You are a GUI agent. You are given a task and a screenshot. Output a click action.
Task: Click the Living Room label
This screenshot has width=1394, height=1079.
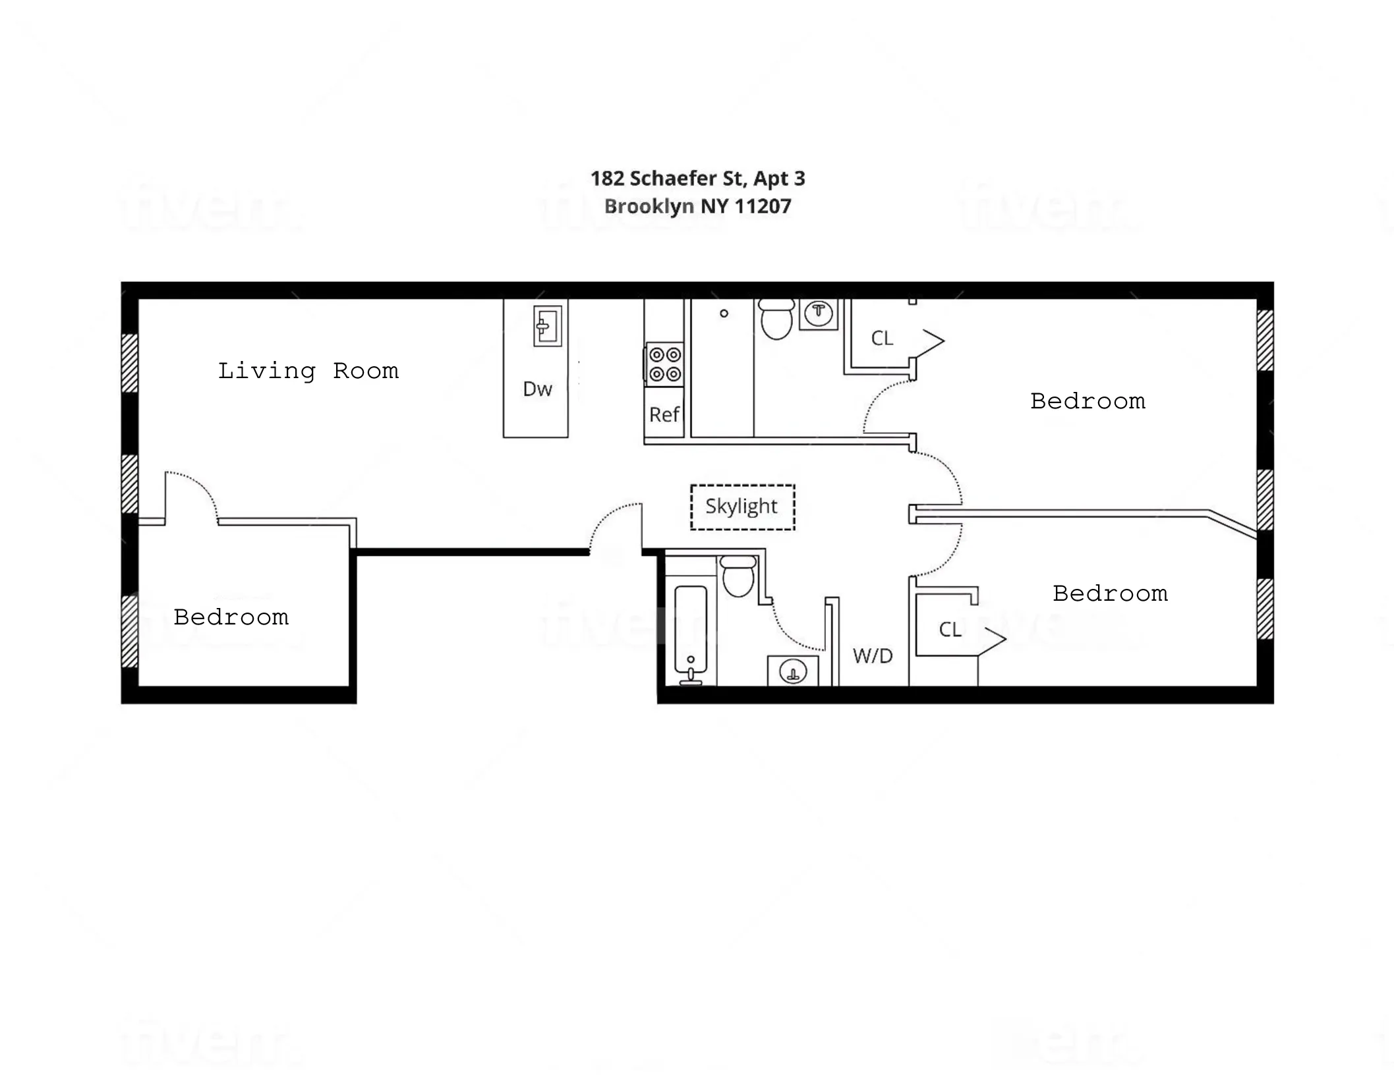(308, 371)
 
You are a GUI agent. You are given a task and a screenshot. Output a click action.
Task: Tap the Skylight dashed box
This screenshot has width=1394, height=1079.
(742, 507)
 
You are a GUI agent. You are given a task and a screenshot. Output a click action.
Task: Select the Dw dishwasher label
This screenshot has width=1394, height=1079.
(537, 389)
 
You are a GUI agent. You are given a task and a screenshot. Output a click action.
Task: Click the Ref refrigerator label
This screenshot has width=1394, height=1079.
(664, 414)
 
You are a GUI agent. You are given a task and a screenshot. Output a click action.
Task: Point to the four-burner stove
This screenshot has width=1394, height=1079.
(664, 364)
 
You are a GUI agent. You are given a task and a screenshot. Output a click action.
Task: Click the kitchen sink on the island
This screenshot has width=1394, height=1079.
(547, 326)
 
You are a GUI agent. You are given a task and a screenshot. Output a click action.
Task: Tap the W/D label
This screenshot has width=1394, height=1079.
(872, 655)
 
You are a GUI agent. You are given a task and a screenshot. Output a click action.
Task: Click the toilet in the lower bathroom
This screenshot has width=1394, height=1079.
(738, 576)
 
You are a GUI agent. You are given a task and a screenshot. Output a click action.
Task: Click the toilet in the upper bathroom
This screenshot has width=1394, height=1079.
(776, 319)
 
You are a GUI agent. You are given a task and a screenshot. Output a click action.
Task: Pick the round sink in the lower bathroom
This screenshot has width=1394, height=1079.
(792, 672)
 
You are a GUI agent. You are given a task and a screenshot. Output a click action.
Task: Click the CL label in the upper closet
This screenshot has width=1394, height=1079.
(882, 339)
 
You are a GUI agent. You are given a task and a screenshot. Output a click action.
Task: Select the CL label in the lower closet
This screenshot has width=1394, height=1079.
(950, 630)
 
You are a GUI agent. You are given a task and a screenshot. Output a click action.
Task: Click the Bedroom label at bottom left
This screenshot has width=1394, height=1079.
(231, 617)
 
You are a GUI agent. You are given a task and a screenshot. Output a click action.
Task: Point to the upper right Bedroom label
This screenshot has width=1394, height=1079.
(1088, 401)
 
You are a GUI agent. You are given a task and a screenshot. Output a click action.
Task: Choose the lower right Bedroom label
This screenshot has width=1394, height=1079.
(1110, 594)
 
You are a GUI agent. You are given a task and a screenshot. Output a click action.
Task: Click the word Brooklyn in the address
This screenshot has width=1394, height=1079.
(649, 207)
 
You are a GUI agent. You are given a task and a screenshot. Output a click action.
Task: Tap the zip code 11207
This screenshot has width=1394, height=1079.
(763, 207)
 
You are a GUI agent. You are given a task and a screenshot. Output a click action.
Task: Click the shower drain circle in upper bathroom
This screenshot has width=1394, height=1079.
(724, 314)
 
